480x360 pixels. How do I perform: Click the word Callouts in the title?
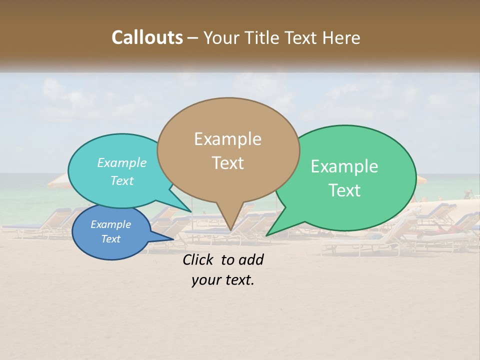(x=147, y=37)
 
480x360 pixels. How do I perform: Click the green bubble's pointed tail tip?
(x=267, y=235)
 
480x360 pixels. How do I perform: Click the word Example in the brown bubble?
(x=227, y=139)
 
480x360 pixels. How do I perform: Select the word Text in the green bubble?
(x=344, y=190)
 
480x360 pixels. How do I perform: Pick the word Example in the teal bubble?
(x=121, y=163)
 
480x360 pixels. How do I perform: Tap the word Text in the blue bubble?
(x=110, y=239)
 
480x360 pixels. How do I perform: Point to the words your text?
(x=223, y=280)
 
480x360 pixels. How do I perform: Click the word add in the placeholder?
(x=251, y=259)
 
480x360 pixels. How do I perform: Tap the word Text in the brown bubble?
(x=228, y=163)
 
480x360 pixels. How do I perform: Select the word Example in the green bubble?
(x=344, y=166)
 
